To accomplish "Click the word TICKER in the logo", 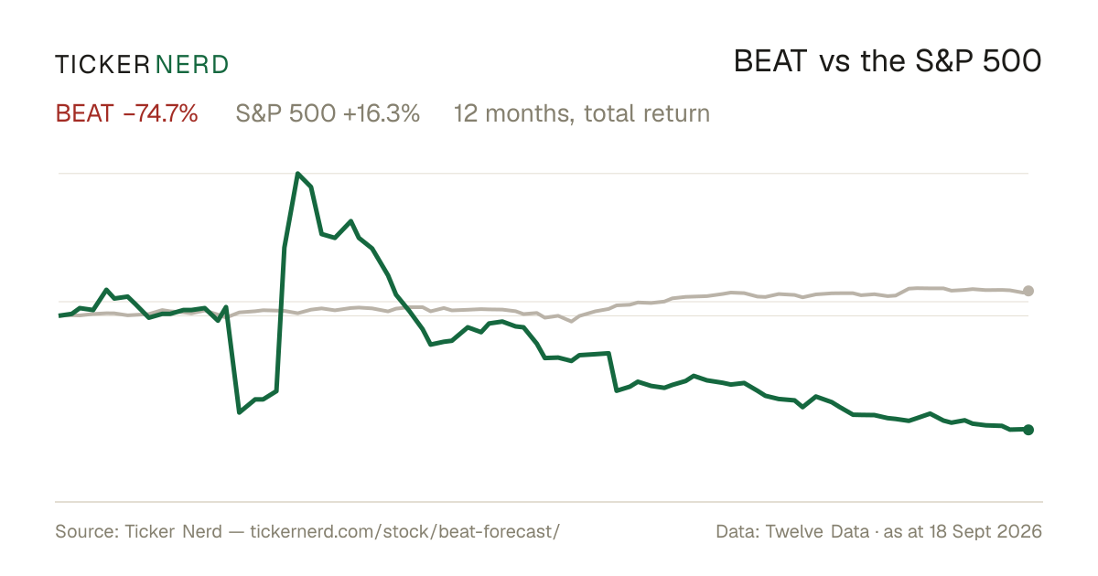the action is point(102,65).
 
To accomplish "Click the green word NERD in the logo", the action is point(191,65).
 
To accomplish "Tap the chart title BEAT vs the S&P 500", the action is point(888,61).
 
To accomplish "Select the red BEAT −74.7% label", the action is point(126,113).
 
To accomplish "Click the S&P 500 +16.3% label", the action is point(328,113).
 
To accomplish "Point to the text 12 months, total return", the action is point(581,113).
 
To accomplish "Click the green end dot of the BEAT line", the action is point(1028,430).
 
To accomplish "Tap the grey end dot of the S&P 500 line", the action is point(1028,291).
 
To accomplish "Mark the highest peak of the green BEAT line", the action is point(297,174).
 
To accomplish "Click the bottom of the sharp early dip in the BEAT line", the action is point(239,412).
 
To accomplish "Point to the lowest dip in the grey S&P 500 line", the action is point(571,321).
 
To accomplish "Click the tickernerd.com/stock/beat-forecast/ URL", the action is point(404,531).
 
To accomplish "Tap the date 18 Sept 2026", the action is point(985,531).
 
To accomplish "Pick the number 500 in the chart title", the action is point(1012,61).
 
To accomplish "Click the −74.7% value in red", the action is point(161,113).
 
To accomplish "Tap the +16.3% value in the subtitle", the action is point(382,113).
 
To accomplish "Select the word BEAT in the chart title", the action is point(770,61).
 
